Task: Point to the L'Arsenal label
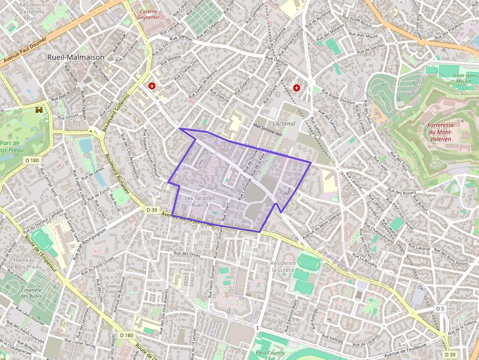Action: coord(284,124)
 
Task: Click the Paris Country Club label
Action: coord(270,355)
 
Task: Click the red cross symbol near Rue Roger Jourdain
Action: coord(297,87)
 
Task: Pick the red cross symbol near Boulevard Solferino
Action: coord(152,86)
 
